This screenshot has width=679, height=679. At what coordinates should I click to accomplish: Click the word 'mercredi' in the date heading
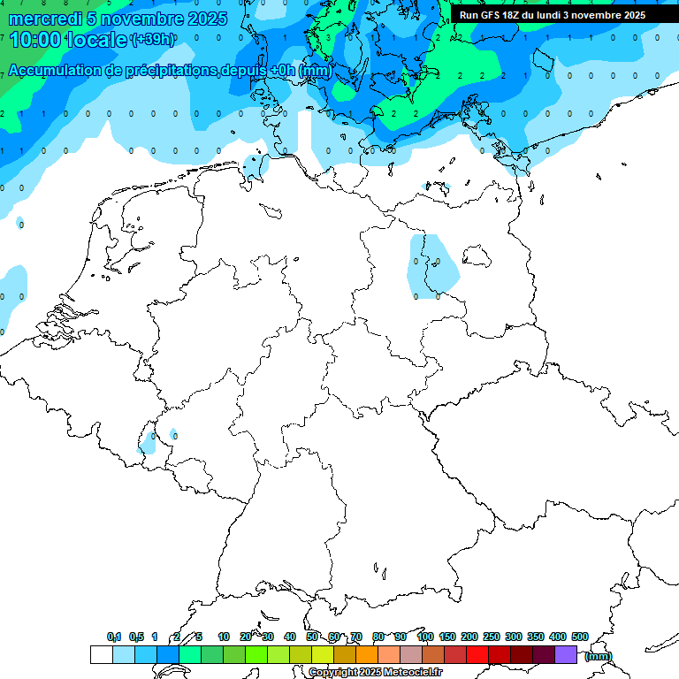coord(42,19)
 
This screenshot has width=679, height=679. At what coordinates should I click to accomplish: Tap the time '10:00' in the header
coord(33,40)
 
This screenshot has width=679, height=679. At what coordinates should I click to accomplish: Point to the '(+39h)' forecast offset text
coord(153,39)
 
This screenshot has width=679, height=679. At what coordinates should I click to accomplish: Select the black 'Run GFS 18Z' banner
coord(553,15)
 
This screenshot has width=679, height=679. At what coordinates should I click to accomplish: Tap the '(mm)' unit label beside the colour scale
coord(599,656)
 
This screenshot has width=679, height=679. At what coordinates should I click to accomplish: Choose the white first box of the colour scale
coord(101,655)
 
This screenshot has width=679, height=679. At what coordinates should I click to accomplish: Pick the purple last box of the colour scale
coord(566,655)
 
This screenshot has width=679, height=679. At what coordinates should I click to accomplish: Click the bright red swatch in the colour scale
coord(477,655)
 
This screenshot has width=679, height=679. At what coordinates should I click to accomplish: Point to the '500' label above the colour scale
coord(580,637)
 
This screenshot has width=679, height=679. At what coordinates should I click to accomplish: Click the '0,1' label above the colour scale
coord(114,637)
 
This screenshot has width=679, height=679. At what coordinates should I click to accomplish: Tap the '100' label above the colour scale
coord(425,637)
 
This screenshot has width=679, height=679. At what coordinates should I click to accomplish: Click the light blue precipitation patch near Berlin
coord(433,265)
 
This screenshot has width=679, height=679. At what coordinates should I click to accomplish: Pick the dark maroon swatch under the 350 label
coord(544,655)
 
